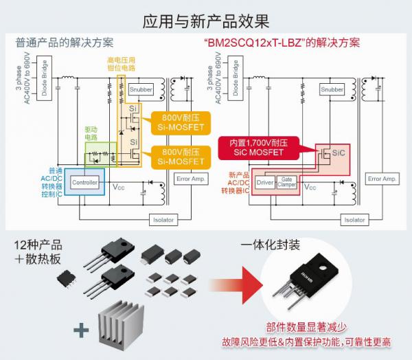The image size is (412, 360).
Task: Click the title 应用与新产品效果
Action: coord(205,20)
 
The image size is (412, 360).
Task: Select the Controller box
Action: coord(84,183)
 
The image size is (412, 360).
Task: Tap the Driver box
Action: coord(265,183)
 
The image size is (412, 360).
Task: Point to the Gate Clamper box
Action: coord(287,183)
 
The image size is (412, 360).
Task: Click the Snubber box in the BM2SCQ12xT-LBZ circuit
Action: coord(332,89)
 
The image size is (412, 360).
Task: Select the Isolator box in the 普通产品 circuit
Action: coord(162,220)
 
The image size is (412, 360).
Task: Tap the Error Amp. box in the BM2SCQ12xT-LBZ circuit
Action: coord(382,179)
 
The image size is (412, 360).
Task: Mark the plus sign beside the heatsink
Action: coord(81,330)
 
